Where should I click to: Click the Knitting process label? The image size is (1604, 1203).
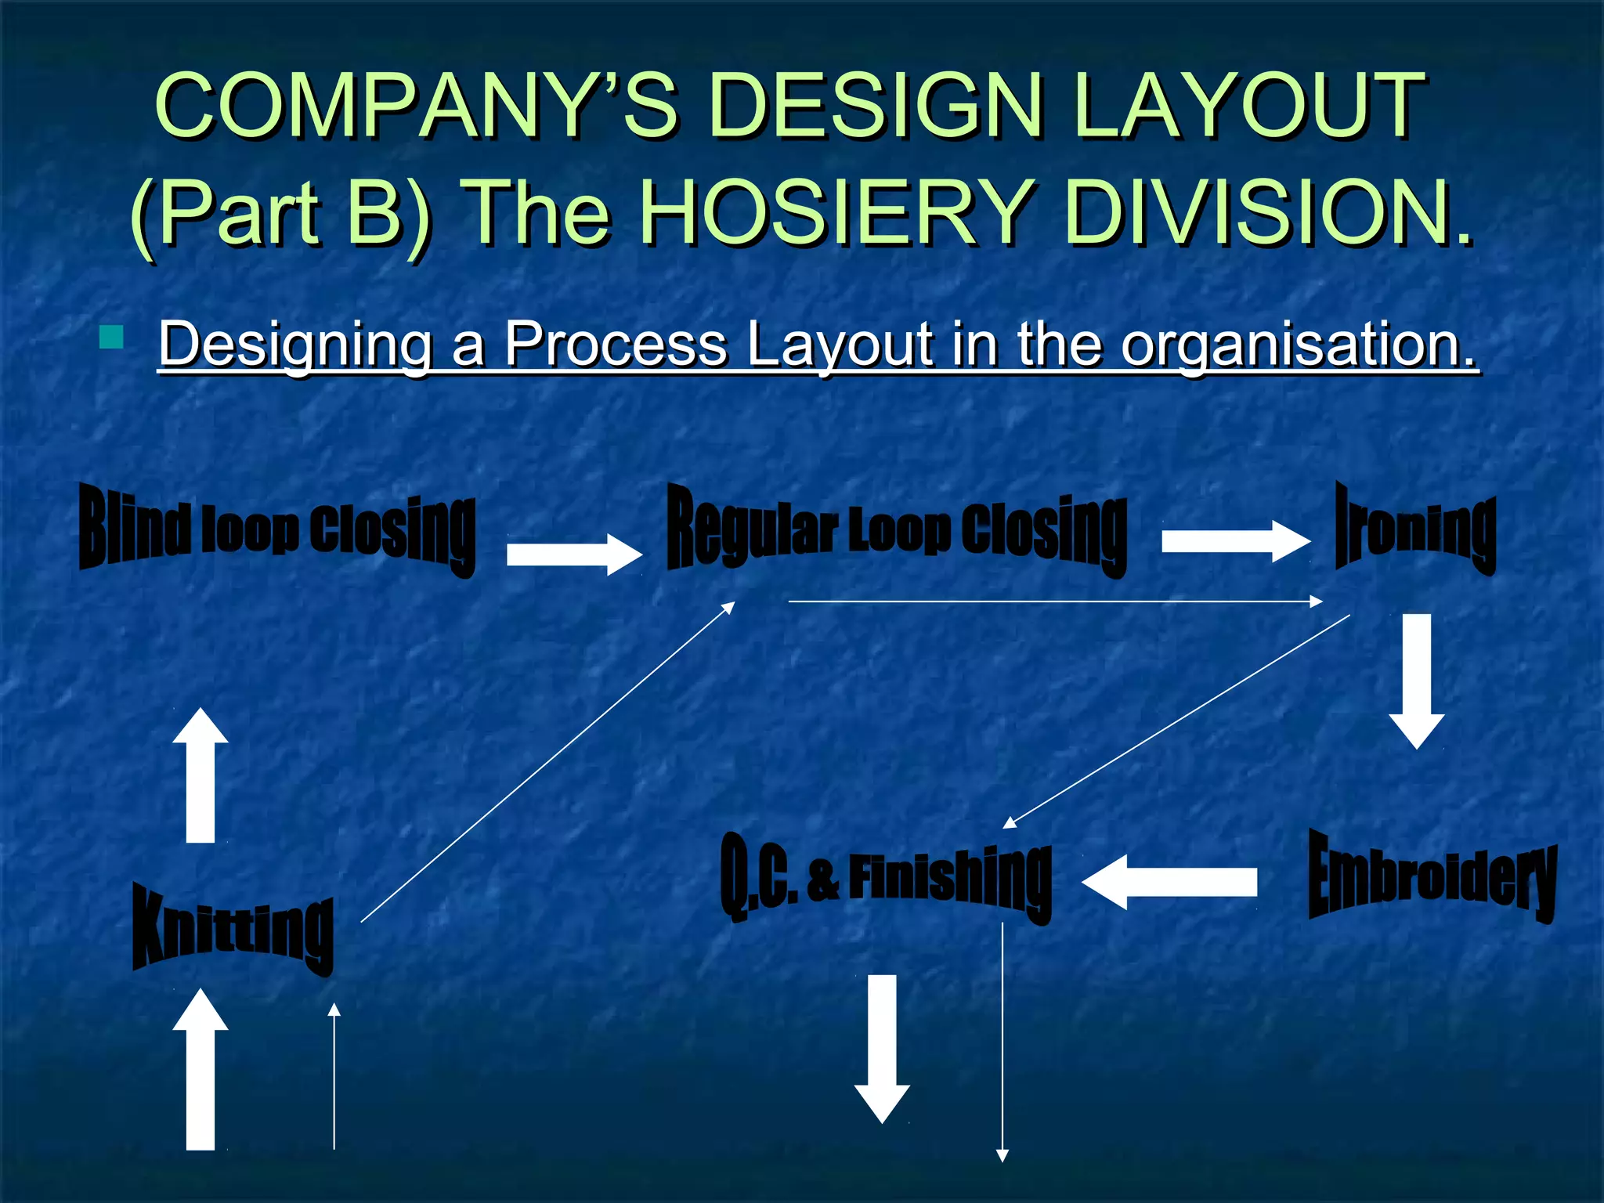(233, 930)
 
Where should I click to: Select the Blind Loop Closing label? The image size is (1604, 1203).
(277, 532)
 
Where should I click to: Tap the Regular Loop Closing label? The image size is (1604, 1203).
(897, 529)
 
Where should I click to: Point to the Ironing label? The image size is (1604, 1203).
(1415, 529)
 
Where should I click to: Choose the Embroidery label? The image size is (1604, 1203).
(1432, 876)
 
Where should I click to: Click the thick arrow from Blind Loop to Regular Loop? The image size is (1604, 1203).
(574, 554)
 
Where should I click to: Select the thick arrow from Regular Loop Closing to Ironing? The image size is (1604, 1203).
(1235, 541)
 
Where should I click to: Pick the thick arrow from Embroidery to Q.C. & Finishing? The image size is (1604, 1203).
(1169, 882)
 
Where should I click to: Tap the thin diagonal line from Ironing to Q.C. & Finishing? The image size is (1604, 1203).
(1176, 721)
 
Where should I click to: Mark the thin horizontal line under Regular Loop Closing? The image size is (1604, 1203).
(1055, 601)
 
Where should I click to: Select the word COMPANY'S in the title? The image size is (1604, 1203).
(416, 106)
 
